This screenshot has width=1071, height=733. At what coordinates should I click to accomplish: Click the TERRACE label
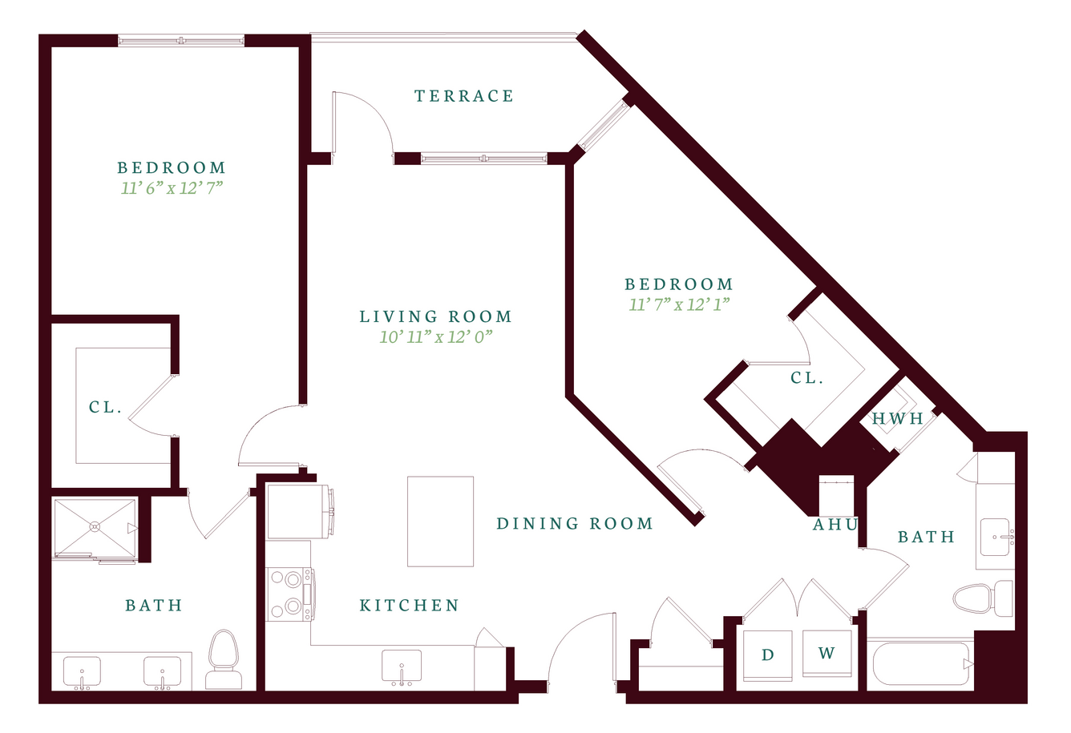tap(464, 96)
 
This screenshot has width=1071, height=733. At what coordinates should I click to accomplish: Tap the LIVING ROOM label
tap(435, 316)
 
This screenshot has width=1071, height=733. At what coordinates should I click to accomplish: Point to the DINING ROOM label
tap(575, 523)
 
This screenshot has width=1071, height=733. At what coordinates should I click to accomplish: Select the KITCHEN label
tap(410, 606)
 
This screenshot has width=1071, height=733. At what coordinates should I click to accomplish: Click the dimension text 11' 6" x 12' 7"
tap(172, 188)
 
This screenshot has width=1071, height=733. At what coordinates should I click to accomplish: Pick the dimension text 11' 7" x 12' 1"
tap(679, 304)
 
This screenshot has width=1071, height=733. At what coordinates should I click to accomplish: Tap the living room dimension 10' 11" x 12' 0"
tap(435, 337)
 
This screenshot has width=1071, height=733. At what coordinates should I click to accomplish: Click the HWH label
tap(897, 419)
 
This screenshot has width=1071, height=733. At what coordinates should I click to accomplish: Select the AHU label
tap(835, 525)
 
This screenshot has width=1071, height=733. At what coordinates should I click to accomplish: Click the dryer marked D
tap(768, 655)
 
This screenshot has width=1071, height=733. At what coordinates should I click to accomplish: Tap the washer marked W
tap(827, 654)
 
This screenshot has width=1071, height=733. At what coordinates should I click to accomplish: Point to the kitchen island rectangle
tap(440, 522)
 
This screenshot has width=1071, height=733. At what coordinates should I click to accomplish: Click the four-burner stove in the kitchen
tap(290, 594)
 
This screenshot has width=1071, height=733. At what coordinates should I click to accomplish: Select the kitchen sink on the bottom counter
tap(402, 666)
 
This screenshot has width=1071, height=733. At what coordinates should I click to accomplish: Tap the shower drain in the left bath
tap(95, 527)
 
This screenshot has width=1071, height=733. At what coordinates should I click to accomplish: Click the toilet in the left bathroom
tap(224, 659)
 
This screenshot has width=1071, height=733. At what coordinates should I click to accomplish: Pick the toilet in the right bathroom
tap(983, 598)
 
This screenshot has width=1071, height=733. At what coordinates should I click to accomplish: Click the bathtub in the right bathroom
tap(921, 664)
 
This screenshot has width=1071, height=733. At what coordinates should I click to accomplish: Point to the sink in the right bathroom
tap(996, 537)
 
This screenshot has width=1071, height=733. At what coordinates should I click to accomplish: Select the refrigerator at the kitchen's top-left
tap(299, 512)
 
